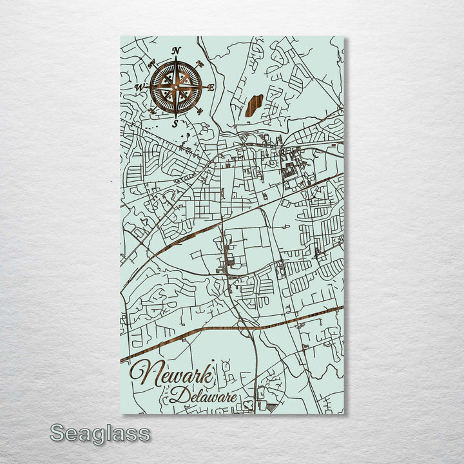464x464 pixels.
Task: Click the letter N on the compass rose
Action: click(x=177, y=51)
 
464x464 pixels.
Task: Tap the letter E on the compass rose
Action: click(x=211, y=86)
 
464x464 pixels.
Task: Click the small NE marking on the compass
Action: click(x=200, y=63)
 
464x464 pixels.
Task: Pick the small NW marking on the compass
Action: click(x=153, y=63)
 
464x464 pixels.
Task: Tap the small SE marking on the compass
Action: click(x=200, y=110)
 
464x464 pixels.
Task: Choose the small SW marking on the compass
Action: click(x=153, y=111)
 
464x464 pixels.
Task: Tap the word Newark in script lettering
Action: click(x=174, y=375)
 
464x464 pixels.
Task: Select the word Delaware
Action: click(x=202, y=394)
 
